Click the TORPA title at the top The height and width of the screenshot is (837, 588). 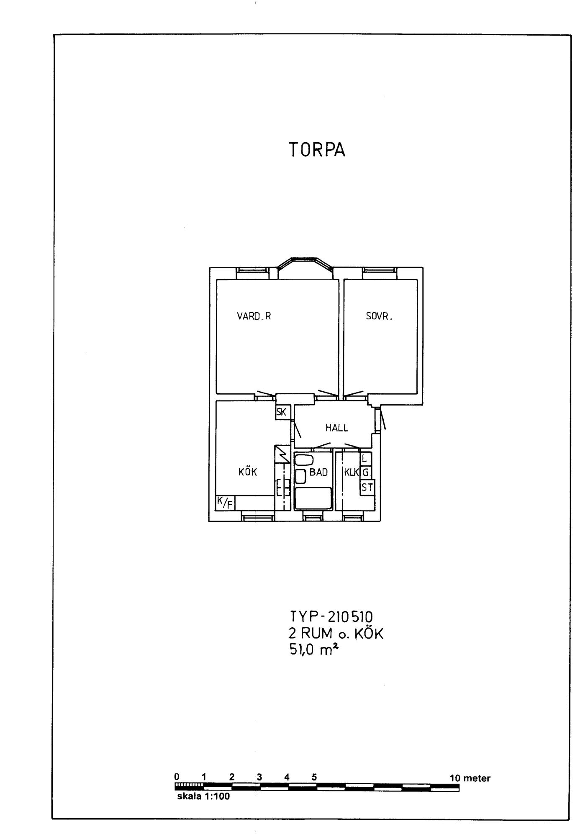click(317, 149)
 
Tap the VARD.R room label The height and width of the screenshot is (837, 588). click(254, 316)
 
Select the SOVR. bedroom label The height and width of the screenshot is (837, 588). click(379, 317)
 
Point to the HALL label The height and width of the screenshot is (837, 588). click(337, 428)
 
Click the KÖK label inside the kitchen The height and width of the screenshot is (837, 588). click(248, 472)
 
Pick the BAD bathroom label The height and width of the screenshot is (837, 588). click(318, 472)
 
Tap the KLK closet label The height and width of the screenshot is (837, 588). click(352, 472)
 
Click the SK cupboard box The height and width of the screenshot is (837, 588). click(281, 412)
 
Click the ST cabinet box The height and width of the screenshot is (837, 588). click(367, 488)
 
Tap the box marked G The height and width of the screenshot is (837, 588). click(366, 473)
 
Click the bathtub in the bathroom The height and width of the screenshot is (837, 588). click(313, 498)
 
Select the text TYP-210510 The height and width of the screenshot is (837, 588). click(331, 617)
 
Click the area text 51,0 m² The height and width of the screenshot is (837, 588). click(314, 650)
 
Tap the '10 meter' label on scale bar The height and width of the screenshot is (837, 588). click(470, 778)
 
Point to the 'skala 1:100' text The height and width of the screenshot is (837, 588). click(203, 796)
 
